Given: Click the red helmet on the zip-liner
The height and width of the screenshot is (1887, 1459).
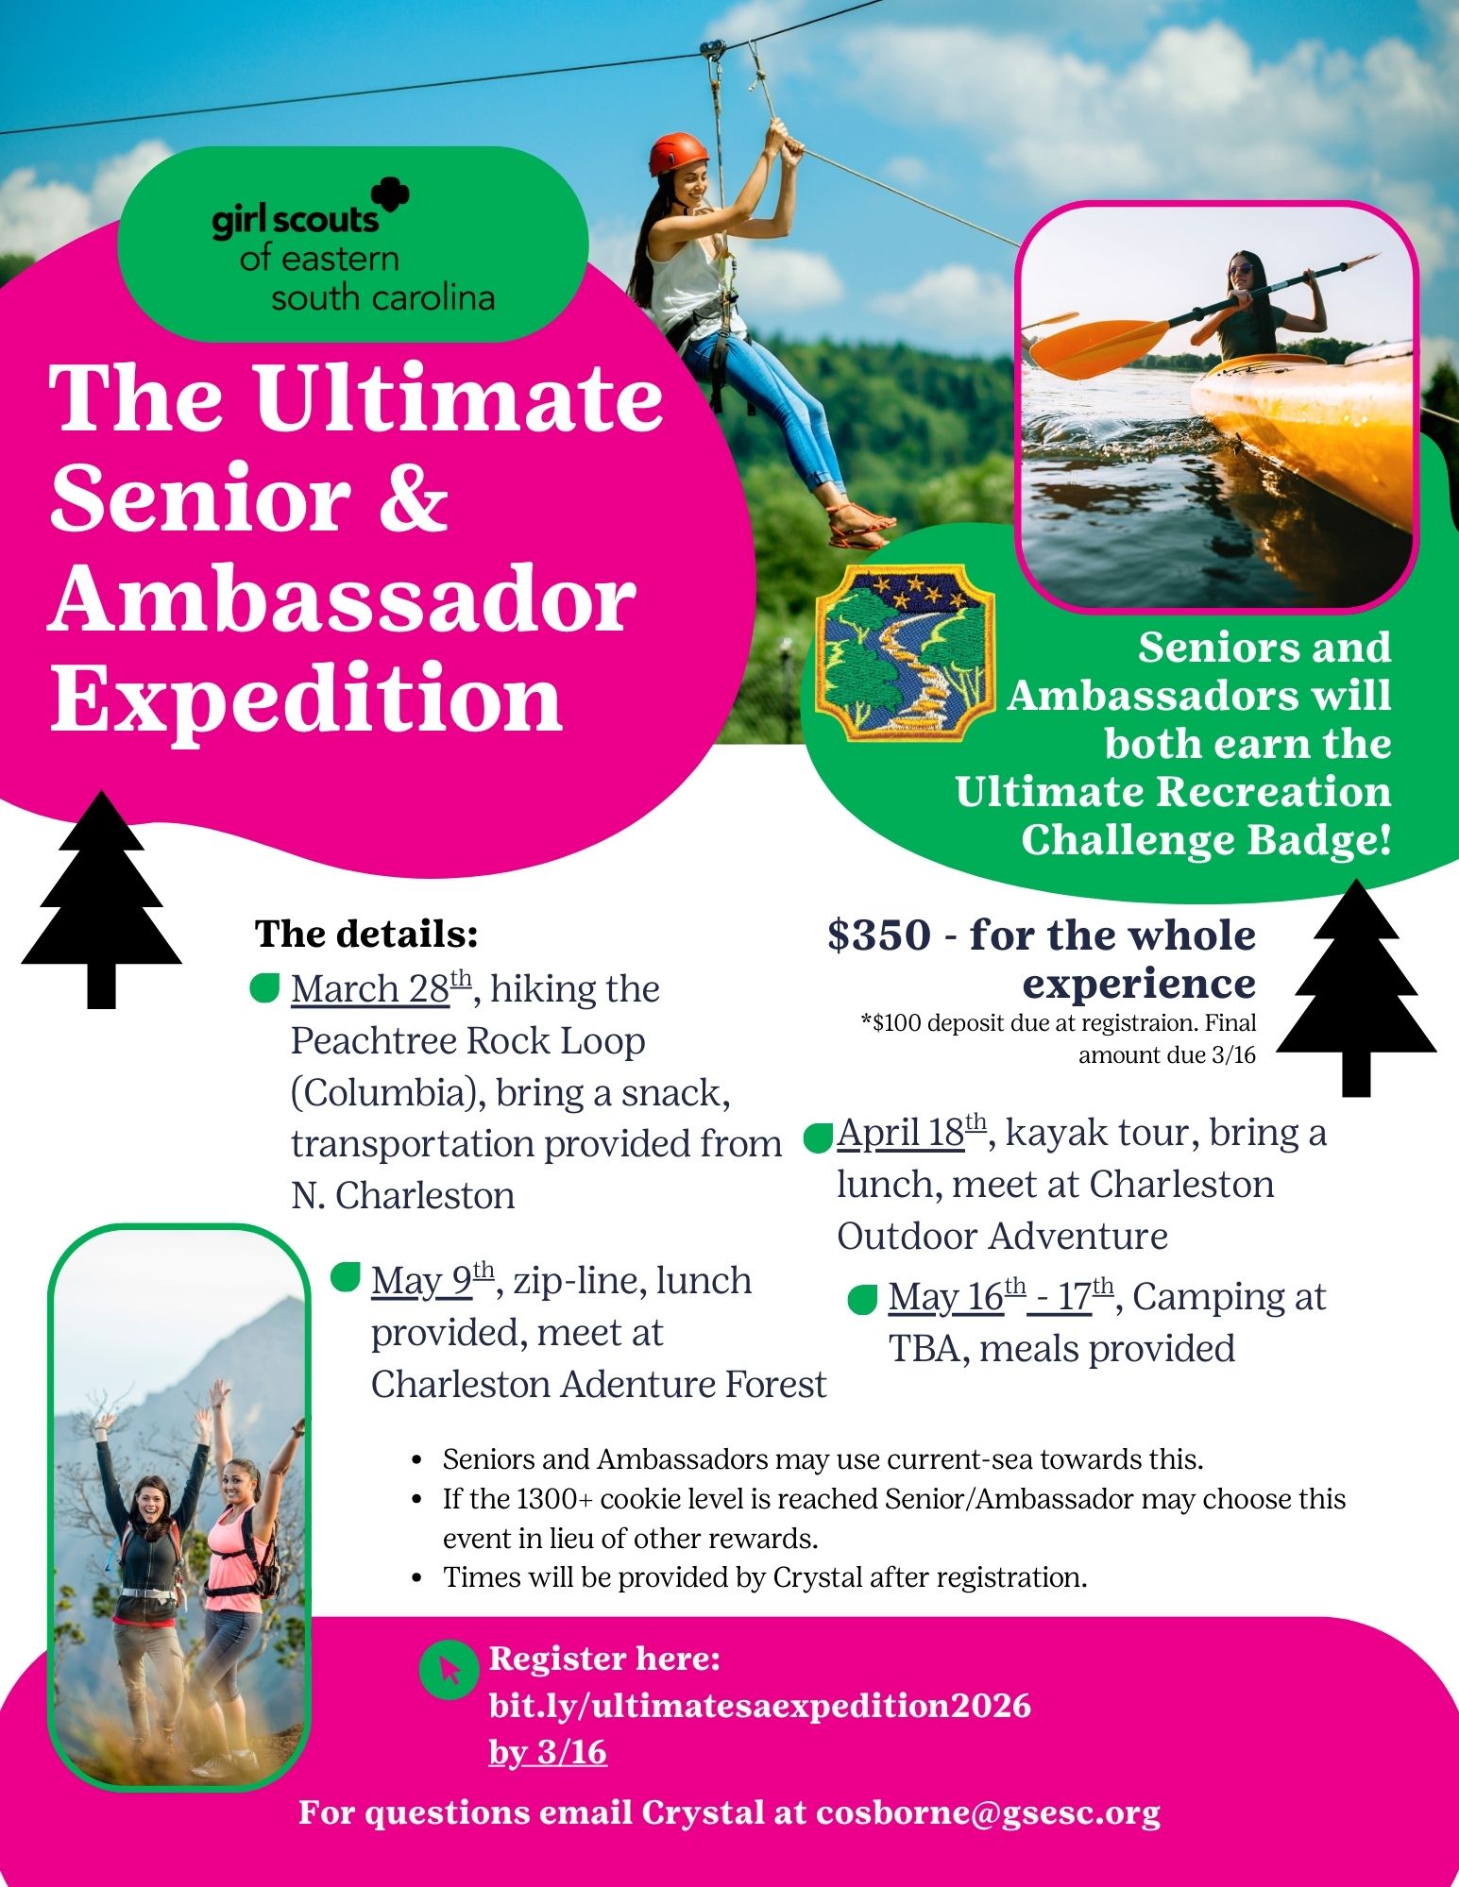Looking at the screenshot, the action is click(678, 152).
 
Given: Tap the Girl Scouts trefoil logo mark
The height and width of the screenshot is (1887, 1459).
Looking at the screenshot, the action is click(390, 196).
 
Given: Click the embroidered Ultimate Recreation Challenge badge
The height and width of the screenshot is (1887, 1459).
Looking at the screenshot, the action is click(906, 651).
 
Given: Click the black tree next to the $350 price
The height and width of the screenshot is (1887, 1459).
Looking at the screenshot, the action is click(1356, 987).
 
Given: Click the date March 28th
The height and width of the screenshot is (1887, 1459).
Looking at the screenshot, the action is click(381, 988).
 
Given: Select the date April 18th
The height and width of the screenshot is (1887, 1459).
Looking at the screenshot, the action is click(911, 1132).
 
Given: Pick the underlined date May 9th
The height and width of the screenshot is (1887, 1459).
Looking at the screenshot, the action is click(433, 1280).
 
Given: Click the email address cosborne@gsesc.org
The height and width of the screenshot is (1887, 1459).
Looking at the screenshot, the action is click(989, 1812).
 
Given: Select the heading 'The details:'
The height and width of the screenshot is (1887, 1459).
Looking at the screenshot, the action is click(366, 934).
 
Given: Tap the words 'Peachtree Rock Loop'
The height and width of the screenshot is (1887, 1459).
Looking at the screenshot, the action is click(468, 1040).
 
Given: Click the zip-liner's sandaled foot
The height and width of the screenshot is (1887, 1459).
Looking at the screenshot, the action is click(861, 525).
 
